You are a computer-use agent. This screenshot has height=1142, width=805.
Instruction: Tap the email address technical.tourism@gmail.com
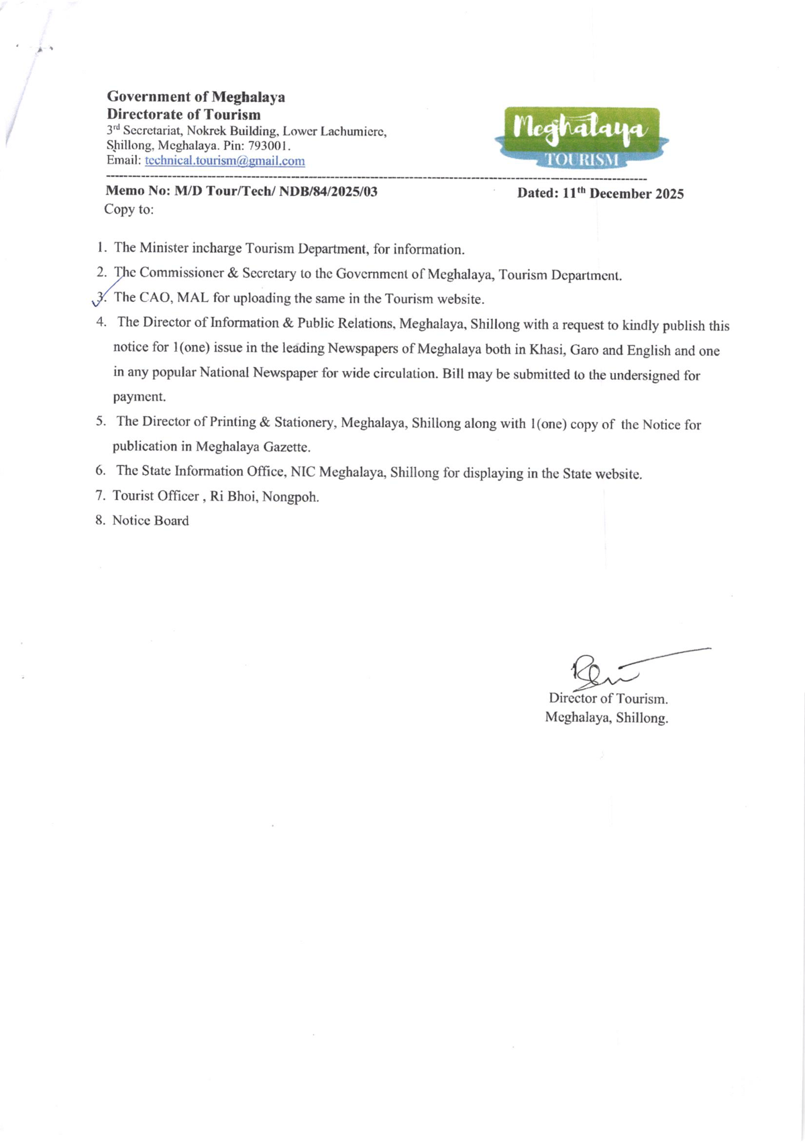pos(225,161)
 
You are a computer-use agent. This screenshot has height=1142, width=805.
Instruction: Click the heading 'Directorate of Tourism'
pos(184,114)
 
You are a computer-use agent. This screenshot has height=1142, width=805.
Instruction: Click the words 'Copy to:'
pos(129,209)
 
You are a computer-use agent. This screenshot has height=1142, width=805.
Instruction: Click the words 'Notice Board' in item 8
pos(150,521)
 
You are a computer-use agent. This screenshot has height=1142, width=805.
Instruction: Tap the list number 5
pos(101,421)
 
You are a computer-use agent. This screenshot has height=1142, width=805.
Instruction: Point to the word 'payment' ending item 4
pos(139,397)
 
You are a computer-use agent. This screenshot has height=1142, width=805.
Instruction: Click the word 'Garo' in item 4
pos(584,350)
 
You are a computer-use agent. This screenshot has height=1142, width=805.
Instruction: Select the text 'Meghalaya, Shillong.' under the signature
pos(606,718)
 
